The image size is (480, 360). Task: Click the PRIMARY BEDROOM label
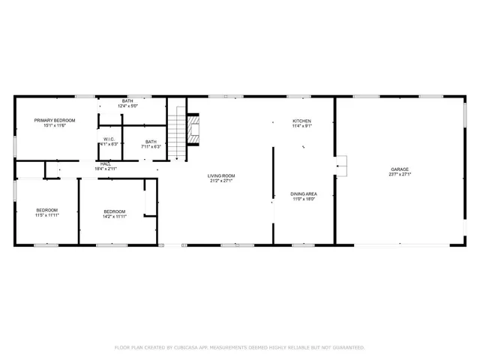[x=54, y=121]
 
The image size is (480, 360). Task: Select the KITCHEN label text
[x=301, y=121]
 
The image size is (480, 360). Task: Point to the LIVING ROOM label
[x=222, y=175]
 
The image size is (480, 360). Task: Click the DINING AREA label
[x=303, y=193]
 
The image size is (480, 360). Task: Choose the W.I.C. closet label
[x=109, y=139]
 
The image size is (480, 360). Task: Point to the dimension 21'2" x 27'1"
[x=222, y=181]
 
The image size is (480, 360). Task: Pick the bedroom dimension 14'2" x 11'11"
[x=114, y=216]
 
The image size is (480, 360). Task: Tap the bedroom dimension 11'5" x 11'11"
[x=46, y=215]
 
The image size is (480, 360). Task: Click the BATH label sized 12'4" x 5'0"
[x=127, y=101]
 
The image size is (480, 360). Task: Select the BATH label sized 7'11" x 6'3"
[x=151, y=141]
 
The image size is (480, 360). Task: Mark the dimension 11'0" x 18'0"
[x=303, y=199]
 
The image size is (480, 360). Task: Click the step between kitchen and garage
[x=341, y=165]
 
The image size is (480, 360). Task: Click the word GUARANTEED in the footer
[x=347, y=347]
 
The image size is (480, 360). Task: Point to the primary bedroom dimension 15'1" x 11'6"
[x=54, y=126]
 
